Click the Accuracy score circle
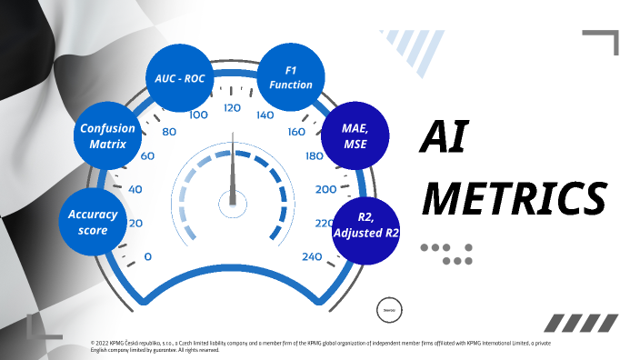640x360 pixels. [93, 222]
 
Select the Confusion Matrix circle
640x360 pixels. [107, 136]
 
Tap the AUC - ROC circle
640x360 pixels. [180, 77]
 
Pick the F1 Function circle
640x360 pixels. [291, 76]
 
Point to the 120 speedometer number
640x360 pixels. [232, 108]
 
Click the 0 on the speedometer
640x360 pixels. [148, 257]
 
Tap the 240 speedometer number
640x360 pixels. [312, 257]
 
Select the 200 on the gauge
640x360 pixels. [325, 189]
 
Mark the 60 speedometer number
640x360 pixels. [147, 155]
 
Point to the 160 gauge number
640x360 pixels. [296, 132]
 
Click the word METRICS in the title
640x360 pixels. [514, 196]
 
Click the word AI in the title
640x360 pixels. [443, 139]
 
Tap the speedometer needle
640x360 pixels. [233, 173]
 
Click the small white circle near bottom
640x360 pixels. [388, 309]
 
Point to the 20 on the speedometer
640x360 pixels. [135, 224]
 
